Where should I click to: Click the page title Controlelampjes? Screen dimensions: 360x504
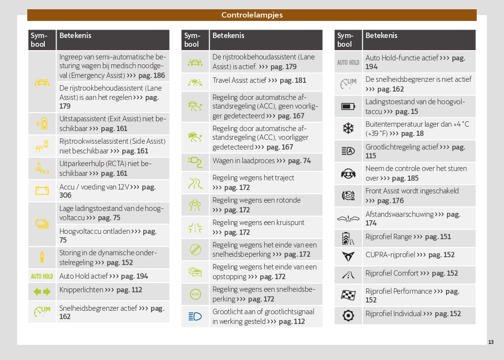click(252, 15)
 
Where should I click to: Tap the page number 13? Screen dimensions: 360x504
click(491, 342)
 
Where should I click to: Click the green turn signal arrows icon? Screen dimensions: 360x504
click(42, 292)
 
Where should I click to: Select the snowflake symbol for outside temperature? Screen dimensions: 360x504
click(348, 129)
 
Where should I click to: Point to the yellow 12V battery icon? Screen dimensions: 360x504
click(42, 190)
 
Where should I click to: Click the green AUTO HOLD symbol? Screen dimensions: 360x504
click(42, 276)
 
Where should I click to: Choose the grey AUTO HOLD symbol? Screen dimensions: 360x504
click(348, 62)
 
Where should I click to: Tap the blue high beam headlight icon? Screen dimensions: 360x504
click(195, 316)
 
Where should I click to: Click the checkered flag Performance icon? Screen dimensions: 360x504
click(348, 295)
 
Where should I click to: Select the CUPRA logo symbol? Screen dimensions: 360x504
click(348, 255)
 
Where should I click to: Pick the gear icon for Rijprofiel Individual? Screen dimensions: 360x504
click(348, 315)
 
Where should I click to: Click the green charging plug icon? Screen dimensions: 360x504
click(195, 161)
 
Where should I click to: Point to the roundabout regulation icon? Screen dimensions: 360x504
click(195, 205)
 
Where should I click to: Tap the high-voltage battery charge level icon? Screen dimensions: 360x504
click(348, 106)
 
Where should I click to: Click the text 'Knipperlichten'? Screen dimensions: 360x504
click(81, 290)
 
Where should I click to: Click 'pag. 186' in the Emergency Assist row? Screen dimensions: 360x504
click(152, 76)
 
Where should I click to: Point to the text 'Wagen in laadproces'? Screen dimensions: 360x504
click(243, 161)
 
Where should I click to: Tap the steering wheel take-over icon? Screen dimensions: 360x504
click(348, 173)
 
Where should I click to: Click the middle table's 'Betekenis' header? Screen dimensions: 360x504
click(229, 36)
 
